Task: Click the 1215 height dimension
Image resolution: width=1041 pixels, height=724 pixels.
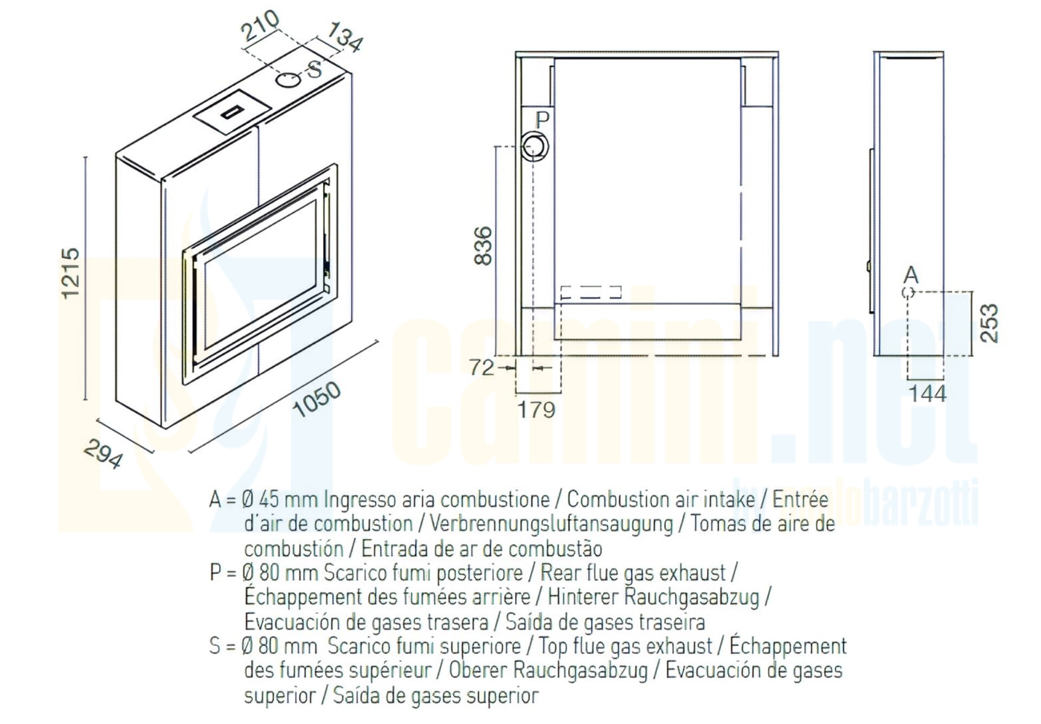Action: pyautogui.click(x=71, y=273)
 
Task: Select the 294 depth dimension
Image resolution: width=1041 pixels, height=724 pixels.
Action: pyautogui.click(x=104, y=453)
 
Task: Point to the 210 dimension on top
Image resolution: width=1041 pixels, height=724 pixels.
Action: pyautogui.click(x=260, y=25)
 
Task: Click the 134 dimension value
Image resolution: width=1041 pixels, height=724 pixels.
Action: pyautogui.click(x=345, y=37)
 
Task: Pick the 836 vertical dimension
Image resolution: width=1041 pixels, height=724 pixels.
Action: pyautogui.click(x=483, y=246)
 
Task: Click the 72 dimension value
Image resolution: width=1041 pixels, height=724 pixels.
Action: pyautogui.click(x=482, y=368)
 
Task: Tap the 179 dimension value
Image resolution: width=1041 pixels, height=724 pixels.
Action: pyautogui.click(x=536, y=410)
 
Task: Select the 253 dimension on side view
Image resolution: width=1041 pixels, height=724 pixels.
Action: pyautogui.click(x=989, y=323)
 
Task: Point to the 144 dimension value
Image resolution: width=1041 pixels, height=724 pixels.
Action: pyautogui.click(x=928, y=394)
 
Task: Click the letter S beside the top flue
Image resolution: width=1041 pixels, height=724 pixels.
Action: pyautogui.click(x=314, y=69)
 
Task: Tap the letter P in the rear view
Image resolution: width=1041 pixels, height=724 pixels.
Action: pyautogui.click(x=543, y=120)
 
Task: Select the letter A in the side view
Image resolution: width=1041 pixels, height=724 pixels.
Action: pyautogui.click(x=911, y=275)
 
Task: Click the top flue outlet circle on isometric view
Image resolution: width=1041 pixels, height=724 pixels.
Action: pyautogui.click(x=288, y=80)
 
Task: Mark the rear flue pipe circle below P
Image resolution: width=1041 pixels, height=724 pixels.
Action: pyautogui.click(x=535, y=146)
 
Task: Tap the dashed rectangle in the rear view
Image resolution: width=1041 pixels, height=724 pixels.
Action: pyautogui.click(x=591, y=292)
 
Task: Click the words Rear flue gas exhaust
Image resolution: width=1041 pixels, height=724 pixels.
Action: pyautogui.click(x=633, y=573)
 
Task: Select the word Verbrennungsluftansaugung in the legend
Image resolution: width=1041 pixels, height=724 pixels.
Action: pyautogui.click(x=551, y=524)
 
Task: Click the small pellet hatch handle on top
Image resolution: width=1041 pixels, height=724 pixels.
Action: pyautogui.click(x=232, y=112)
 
